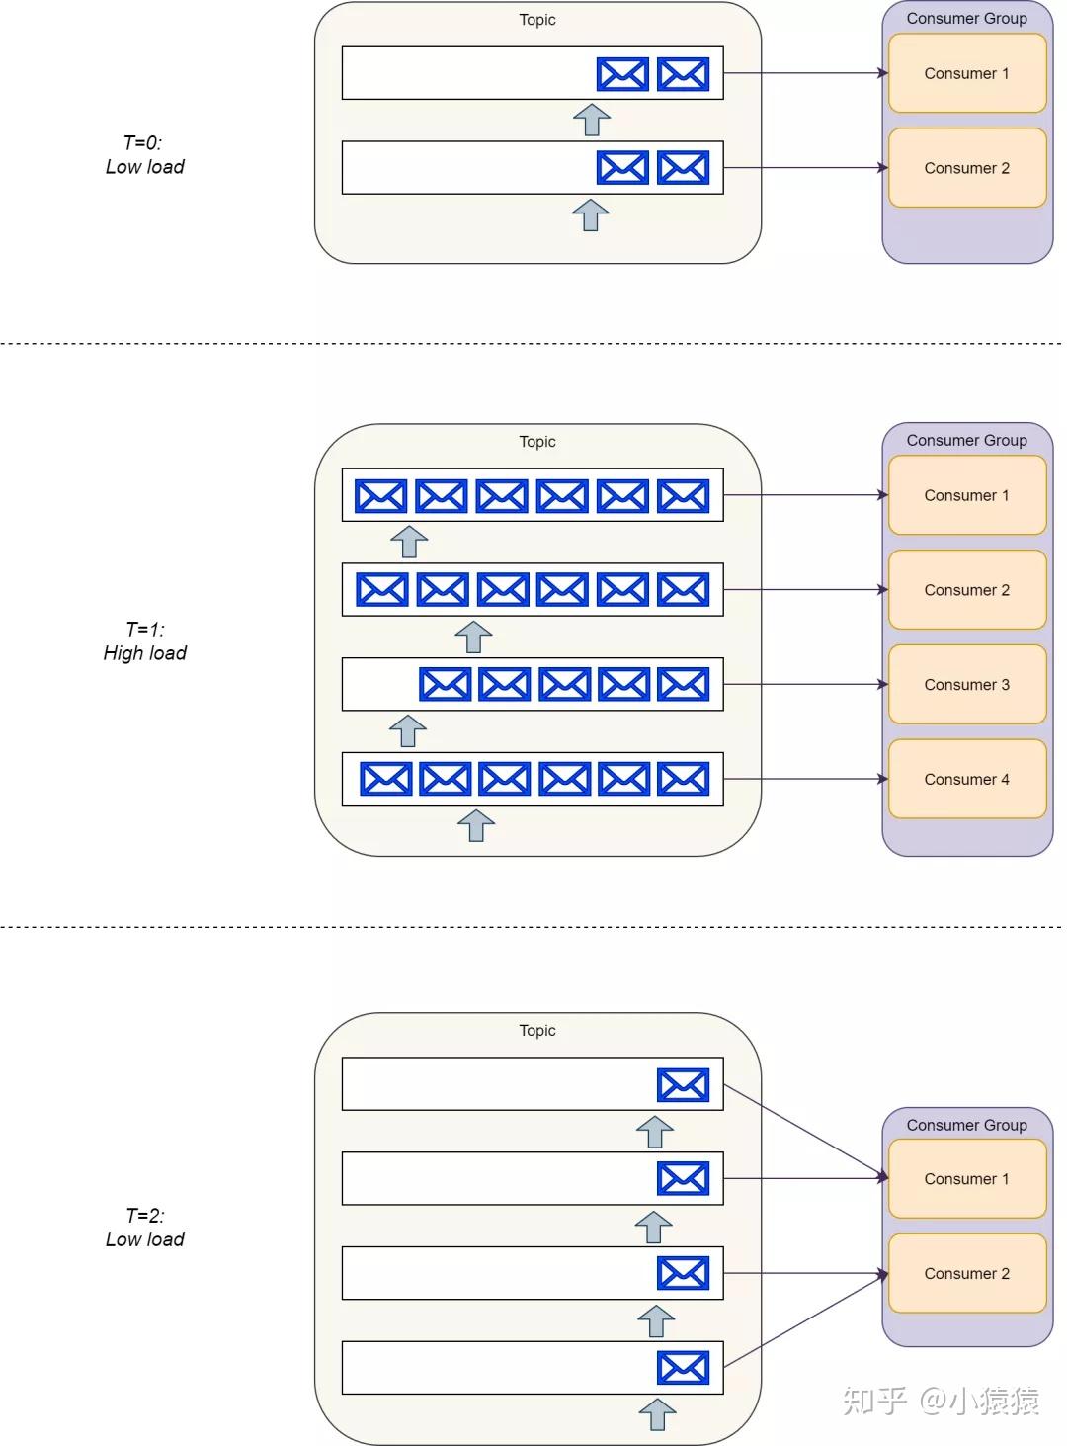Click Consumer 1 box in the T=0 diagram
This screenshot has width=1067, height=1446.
[966, 73]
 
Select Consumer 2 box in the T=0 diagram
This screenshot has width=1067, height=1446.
[966, 168]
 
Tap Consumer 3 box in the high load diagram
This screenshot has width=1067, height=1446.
[966, 685]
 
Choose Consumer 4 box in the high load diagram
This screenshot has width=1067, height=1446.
[966, 780]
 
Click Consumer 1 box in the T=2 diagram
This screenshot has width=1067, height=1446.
[966, 1179]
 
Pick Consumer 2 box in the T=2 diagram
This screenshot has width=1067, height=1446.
[966, 1274]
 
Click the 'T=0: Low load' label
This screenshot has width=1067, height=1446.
[144, 155]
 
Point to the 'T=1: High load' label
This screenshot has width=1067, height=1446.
[144, 641]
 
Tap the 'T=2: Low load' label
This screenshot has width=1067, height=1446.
[144, 1228]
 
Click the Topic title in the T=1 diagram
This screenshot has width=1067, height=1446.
[537, 442]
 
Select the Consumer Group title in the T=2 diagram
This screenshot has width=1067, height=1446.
[966, 1125]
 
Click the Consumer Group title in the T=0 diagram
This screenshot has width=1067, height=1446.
[966, 19]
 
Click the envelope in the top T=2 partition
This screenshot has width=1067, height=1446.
[683, 1085]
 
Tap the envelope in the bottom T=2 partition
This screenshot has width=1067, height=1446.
[683, 1368]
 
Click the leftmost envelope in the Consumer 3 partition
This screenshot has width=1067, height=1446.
[445, 684]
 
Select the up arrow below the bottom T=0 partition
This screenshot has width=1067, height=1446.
[591, 214]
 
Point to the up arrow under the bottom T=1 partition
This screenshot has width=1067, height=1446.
[476, 824]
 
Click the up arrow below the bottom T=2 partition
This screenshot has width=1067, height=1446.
[657, 1413]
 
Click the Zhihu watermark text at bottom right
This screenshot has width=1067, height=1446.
[941, 1401]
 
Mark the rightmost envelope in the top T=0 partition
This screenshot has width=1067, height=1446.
[683, 74]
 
